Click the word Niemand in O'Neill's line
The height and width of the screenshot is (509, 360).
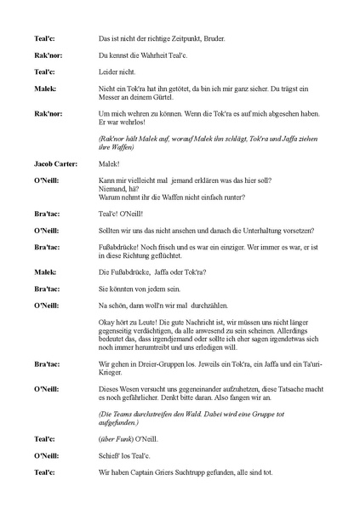pyautogui.click(x=113, y=189)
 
